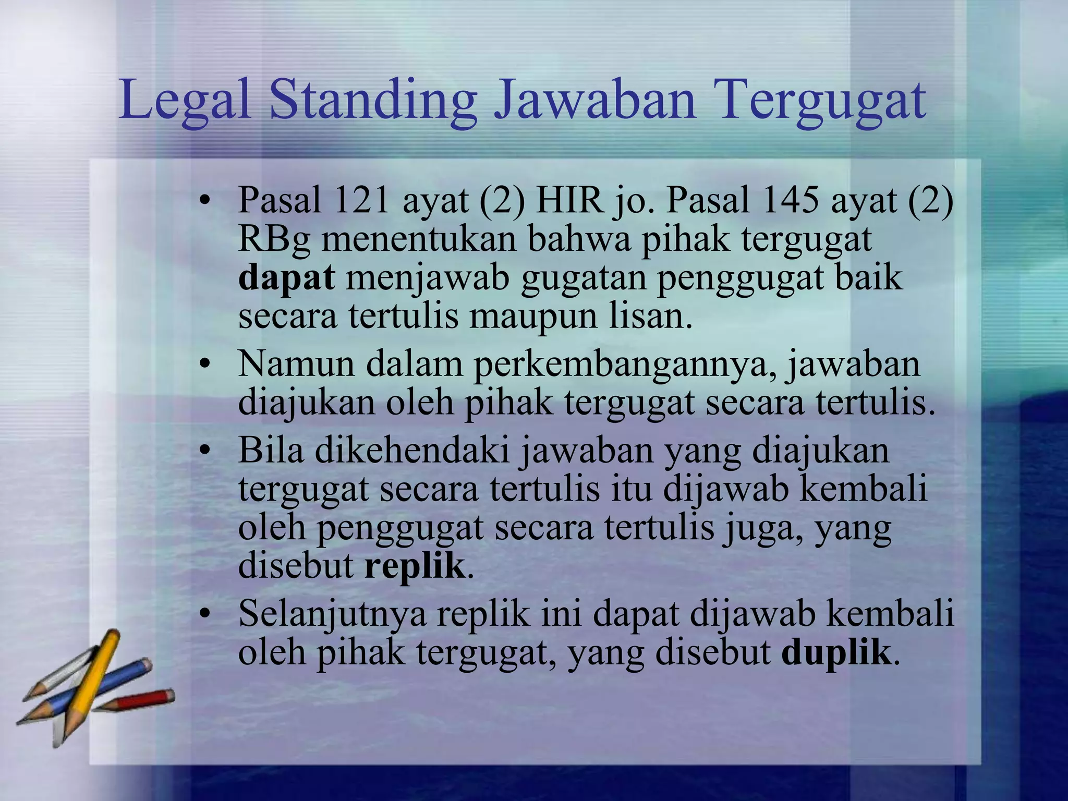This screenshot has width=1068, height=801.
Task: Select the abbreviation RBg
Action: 274,239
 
